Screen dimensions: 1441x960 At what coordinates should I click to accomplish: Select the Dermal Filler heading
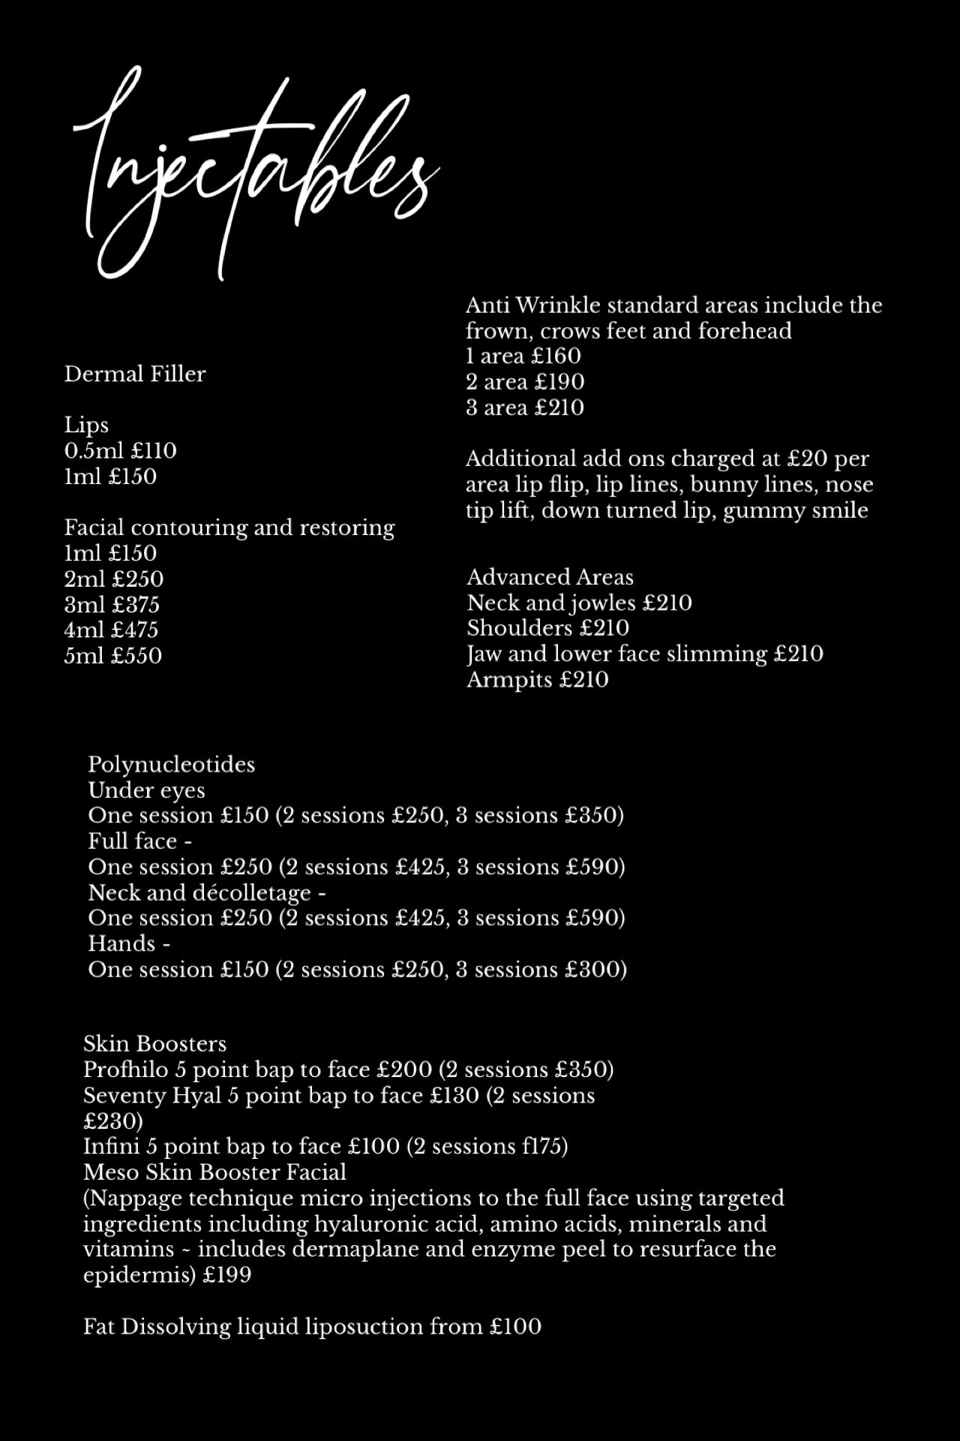point(134,374)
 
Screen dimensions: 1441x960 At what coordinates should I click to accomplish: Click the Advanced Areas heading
point(550,577)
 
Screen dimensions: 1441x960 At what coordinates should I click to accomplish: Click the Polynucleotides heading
point(171,765)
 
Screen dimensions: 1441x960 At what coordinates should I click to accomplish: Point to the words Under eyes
point(146,790)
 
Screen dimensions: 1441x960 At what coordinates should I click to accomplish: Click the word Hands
point(121,943)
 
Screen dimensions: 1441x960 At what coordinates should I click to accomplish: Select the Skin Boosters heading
point(154,1044)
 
